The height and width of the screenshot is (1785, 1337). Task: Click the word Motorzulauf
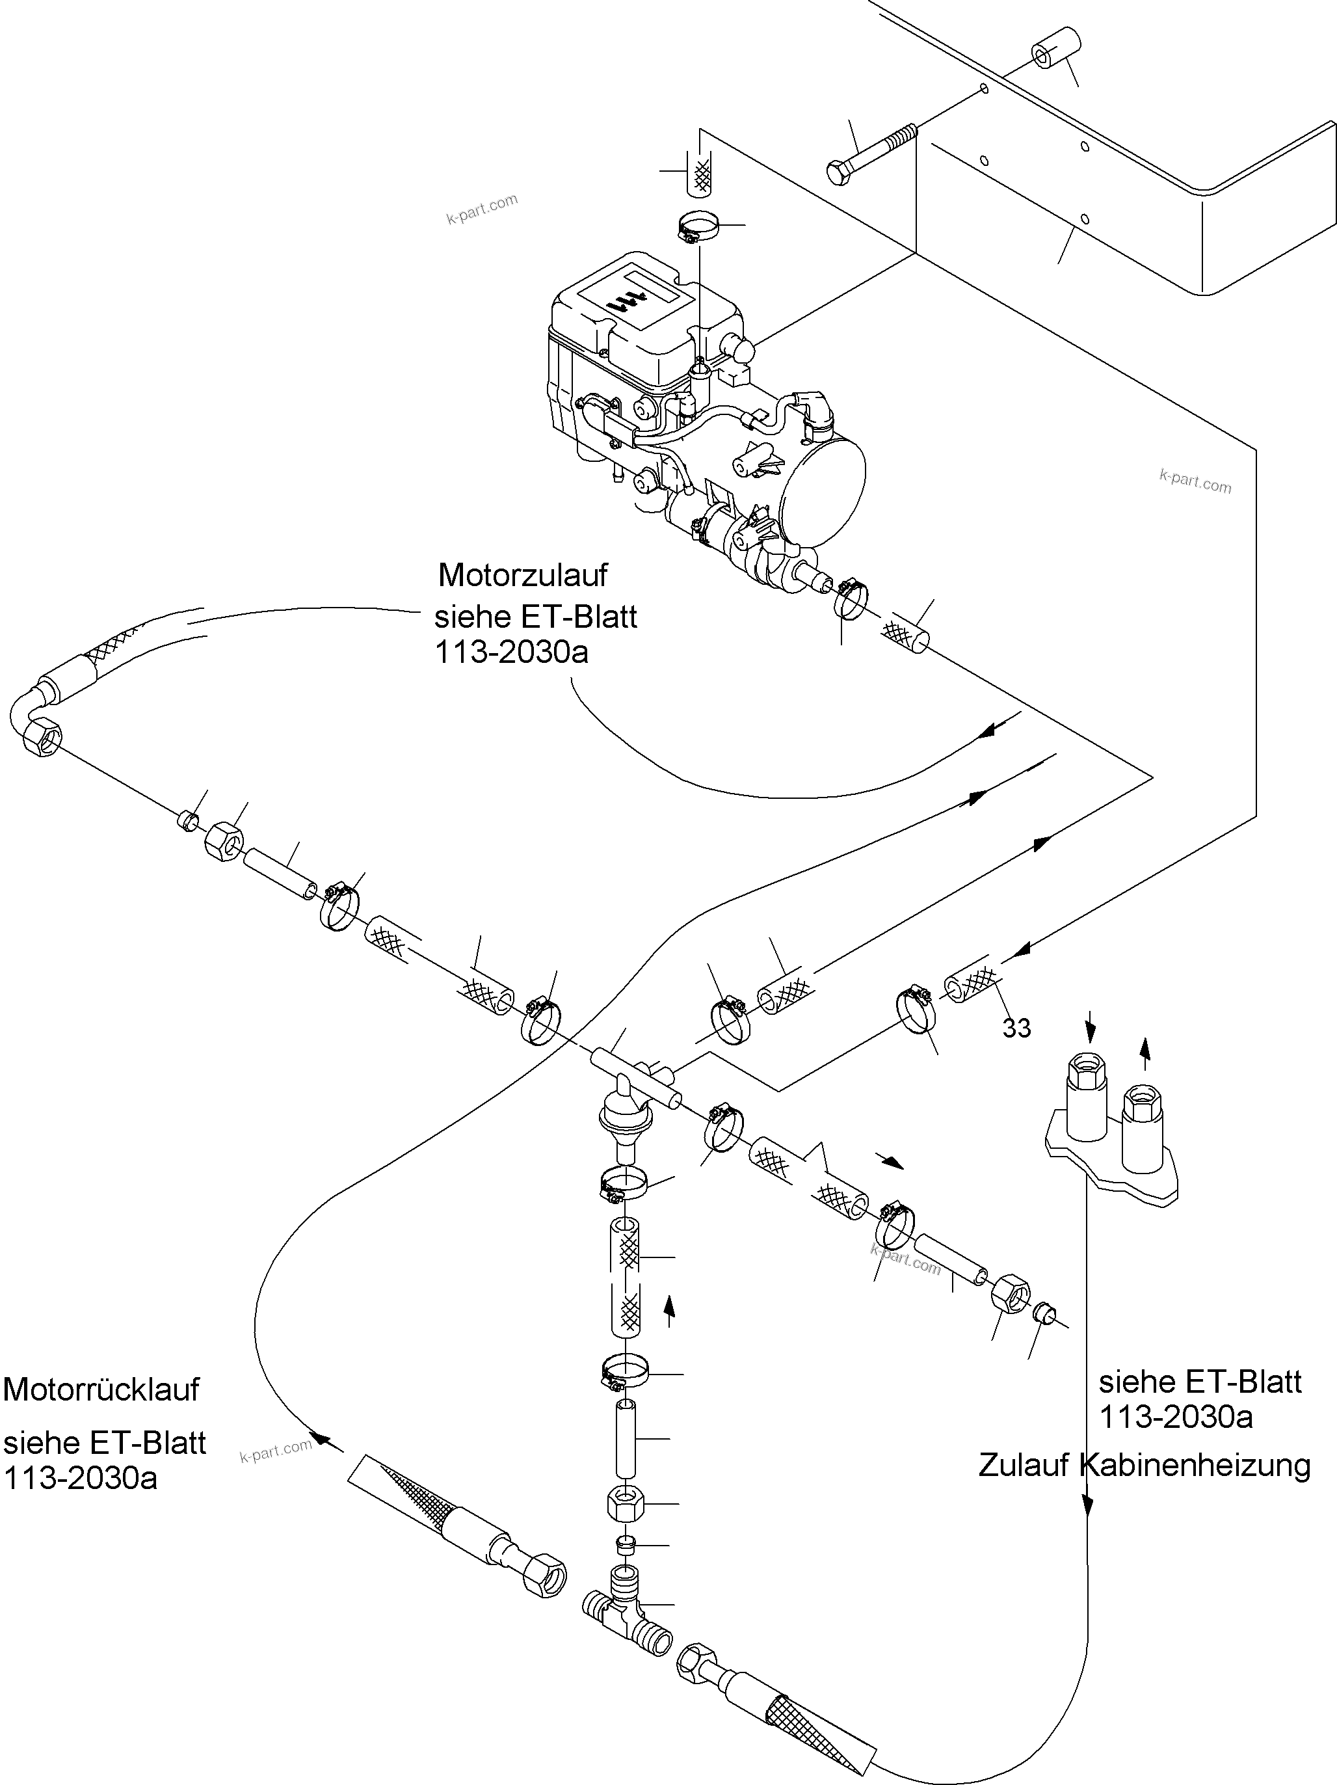[522, 575]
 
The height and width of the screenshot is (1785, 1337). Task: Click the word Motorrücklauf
[101, 1389]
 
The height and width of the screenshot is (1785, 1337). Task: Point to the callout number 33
[1016, 1028]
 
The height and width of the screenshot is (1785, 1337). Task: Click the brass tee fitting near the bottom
[626, 1621]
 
